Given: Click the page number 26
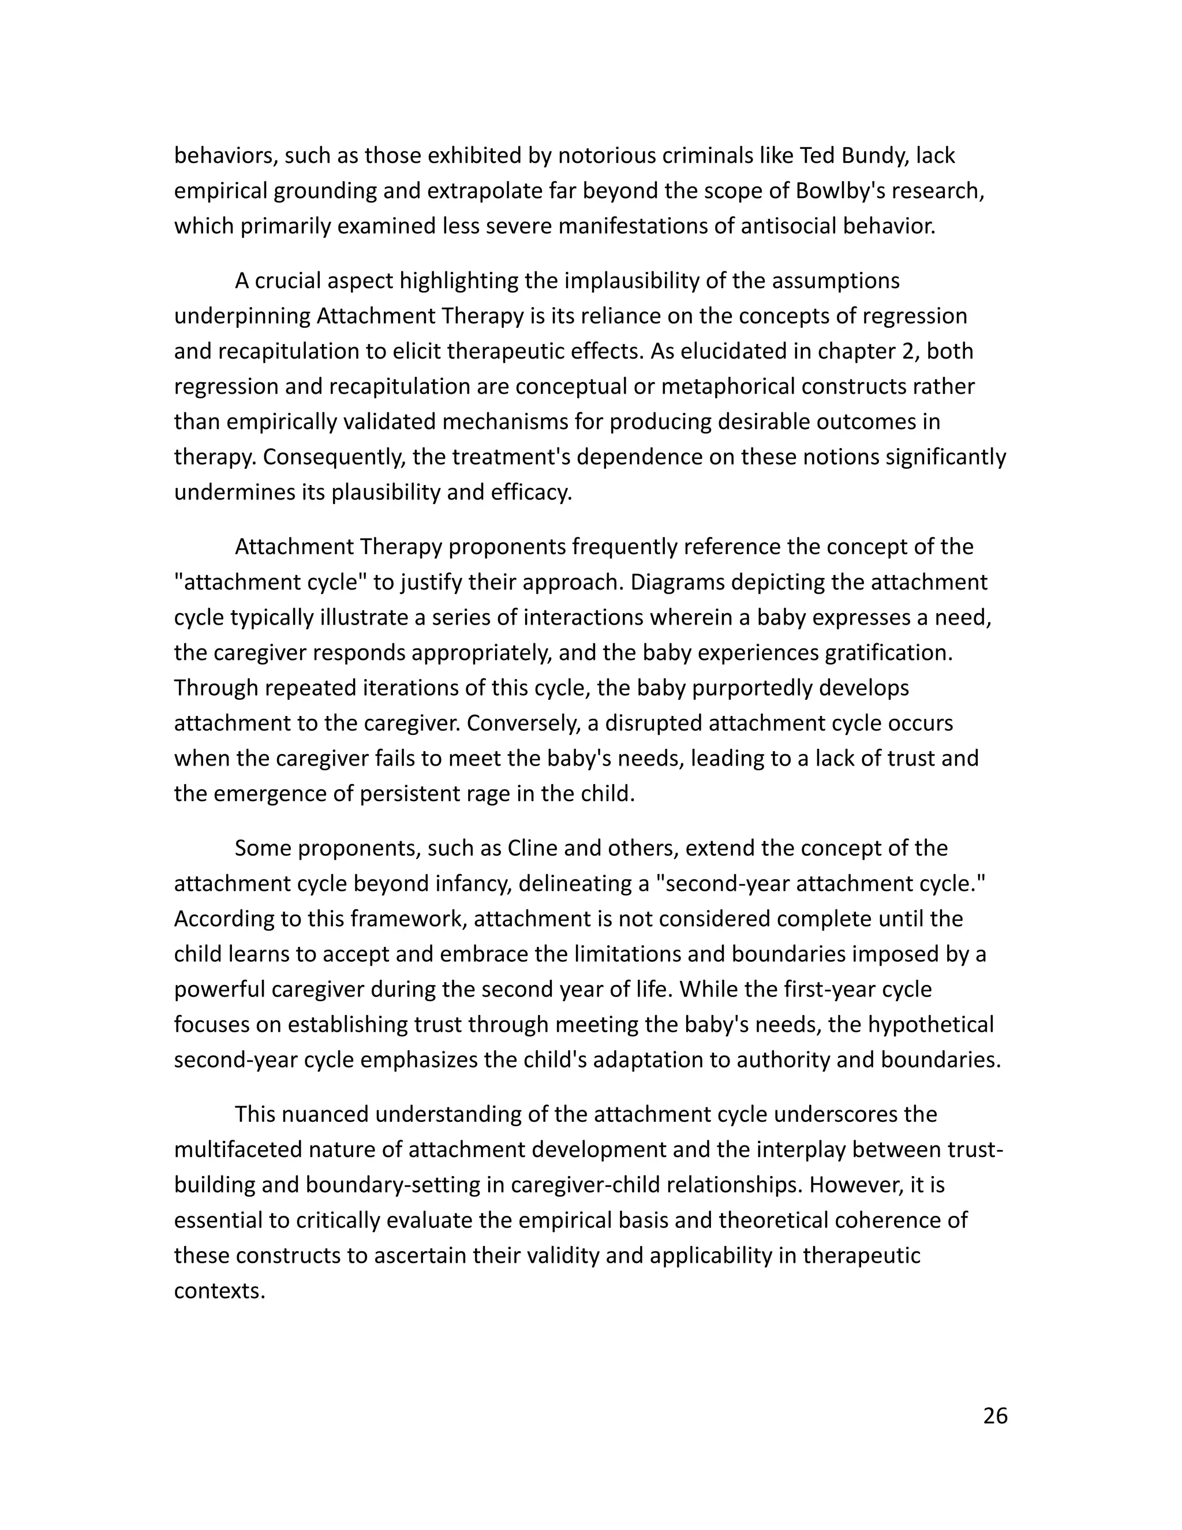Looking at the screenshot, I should coord(994,1416).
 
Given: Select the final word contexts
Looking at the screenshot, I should coord(219,1290).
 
